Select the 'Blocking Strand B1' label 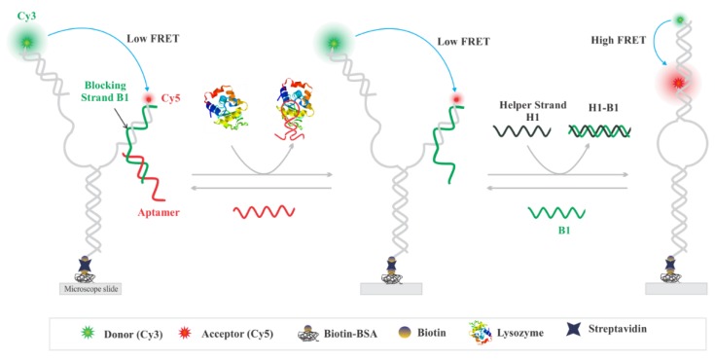point(97,113)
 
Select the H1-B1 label point(595,110)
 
